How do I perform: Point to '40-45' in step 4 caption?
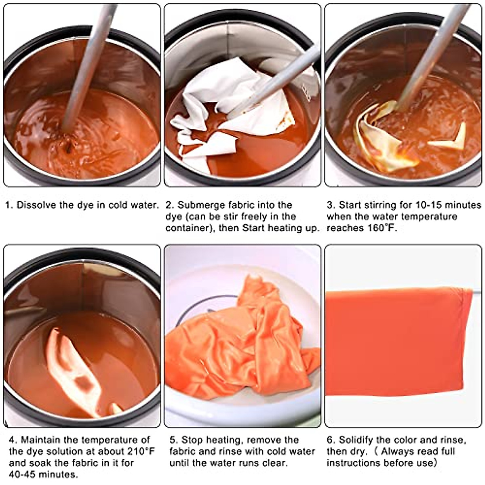23,474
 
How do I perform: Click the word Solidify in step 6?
358,440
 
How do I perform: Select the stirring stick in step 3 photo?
428,61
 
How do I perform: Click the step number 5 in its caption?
173,440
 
